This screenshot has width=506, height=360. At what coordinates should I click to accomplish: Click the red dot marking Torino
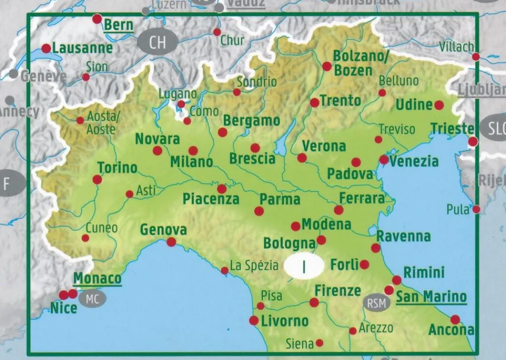click(x=97, y=179)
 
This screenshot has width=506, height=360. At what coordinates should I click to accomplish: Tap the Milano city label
click(x=191, y=162)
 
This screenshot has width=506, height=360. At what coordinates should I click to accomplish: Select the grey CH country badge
click(x=157, y=42)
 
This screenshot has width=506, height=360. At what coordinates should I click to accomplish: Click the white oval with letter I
click(x=304, y=266)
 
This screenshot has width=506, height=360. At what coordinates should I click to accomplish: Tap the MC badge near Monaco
click(x=92, y=299)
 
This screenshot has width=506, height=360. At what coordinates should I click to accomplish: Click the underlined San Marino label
click(x=431, y=297)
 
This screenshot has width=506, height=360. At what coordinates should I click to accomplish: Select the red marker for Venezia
click(x=384, y=160)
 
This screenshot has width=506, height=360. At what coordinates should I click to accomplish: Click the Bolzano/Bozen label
click(x=360, y=63)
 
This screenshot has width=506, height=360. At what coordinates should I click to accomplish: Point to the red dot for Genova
click(x=172, y=242)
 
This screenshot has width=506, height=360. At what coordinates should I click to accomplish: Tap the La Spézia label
click(x=254, y=265)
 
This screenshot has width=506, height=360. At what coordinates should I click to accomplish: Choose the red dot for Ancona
click(x=455, y=319)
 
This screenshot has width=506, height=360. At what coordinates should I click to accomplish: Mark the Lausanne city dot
click(x=46, y=49)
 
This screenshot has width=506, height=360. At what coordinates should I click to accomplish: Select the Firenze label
click(x=338, y=291)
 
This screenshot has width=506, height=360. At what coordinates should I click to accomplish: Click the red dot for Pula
click(x=476, y=209)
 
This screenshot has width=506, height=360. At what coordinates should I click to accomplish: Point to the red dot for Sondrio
click(x=237, y=92)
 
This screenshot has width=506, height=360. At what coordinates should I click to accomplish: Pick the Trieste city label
click(x=452, y=129)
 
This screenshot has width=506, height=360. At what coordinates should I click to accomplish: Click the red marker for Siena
click(x=319, y=343)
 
